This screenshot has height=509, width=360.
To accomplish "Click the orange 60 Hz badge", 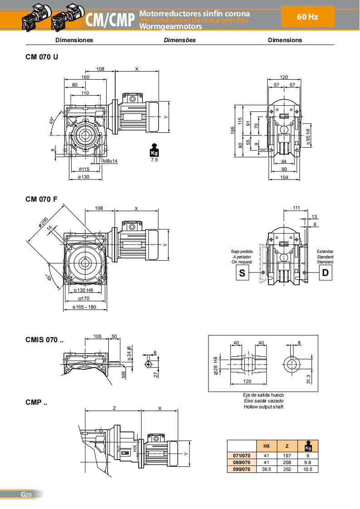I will (x=307, y=17).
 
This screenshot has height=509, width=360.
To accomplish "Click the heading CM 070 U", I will (x=42, y=57).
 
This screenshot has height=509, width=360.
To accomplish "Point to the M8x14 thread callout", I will (x=110, y=161).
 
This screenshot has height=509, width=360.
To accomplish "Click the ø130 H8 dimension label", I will (x=83, y=290).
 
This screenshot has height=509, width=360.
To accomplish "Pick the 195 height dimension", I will (x=233, y=131).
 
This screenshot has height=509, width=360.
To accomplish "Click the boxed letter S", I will (x=242, y=272).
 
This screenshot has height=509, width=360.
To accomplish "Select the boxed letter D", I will (x=325, y=272).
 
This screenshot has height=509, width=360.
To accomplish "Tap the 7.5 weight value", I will (x=154, y=160).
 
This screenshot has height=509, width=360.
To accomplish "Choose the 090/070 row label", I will (x=241, y=469).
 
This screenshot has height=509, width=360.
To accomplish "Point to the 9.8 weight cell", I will (x=308, y=462).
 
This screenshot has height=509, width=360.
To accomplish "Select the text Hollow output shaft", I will (x=263, y=407).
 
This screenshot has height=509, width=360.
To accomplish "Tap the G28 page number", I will (x=26, y=494).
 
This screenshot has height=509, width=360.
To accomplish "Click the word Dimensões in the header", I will (x=180, y=40).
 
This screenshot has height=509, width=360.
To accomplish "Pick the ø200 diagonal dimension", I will (x=44, y=223).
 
